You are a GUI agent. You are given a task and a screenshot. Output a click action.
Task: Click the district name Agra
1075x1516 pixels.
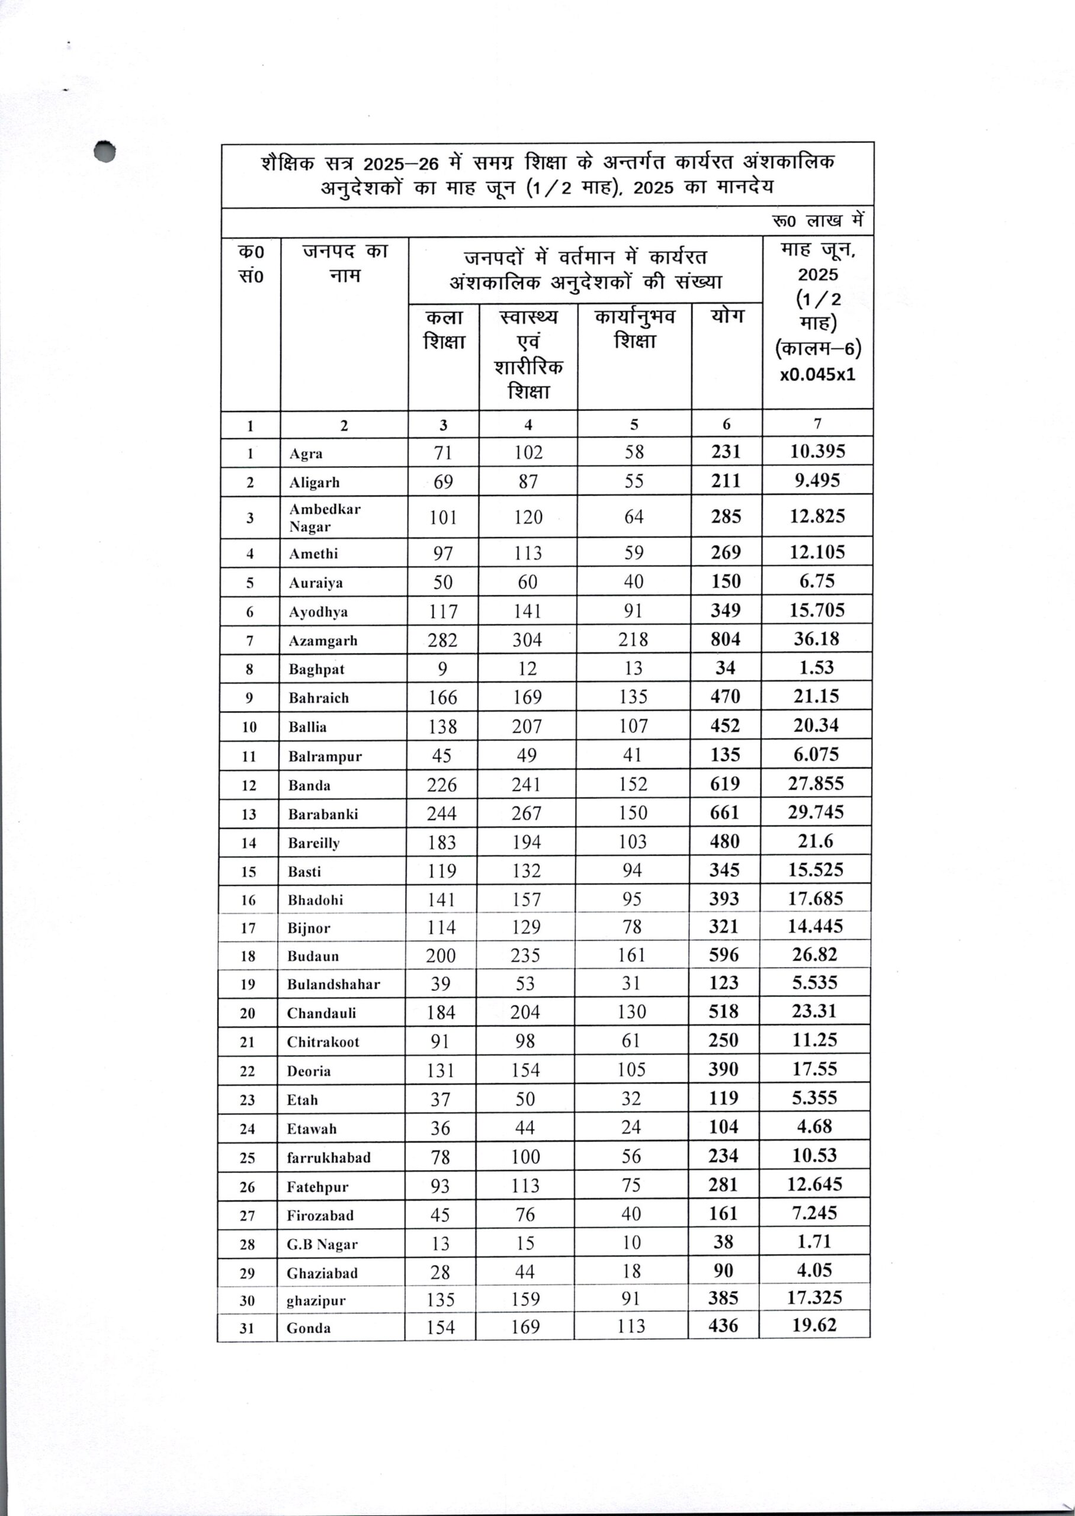pos(306,453)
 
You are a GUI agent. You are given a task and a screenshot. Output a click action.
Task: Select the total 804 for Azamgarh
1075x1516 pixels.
pos(726,639)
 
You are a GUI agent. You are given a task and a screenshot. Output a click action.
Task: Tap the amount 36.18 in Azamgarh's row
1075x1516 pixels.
pos(816,639)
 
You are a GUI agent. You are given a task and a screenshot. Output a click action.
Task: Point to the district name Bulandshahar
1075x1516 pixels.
pos(333,984)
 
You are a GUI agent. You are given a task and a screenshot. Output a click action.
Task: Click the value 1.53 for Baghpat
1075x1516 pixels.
pos(816,667)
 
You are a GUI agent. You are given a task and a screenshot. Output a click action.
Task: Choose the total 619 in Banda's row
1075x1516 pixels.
pos(725,783)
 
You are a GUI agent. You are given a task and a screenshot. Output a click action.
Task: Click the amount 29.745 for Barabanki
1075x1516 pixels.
pos(816,812)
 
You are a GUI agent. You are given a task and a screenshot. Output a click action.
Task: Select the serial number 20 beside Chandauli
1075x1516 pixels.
pos(248,1013)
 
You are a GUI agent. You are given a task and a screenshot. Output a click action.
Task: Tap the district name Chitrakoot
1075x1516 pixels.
pos(323,1042)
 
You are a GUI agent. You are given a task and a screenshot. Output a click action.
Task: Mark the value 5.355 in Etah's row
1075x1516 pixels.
pos(814,1098)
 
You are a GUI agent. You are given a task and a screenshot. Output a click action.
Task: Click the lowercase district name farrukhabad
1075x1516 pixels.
pos(328,1157)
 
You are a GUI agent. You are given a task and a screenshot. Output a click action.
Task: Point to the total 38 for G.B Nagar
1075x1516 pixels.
pos(724,1242)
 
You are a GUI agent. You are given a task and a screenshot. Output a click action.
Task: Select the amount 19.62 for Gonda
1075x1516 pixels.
pos(814,1325)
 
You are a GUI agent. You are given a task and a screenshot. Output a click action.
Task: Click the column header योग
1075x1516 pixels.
pos(727,316)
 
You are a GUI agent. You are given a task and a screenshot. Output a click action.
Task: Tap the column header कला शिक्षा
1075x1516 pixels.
pos(444,329)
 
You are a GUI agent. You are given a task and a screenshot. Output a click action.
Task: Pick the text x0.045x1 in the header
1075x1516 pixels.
pos(817,374)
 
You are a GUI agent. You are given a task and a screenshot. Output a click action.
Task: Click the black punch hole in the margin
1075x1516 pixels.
pos(105,152)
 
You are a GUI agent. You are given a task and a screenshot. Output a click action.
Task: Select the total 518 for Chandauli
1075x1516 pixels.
pos(724,1012)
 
